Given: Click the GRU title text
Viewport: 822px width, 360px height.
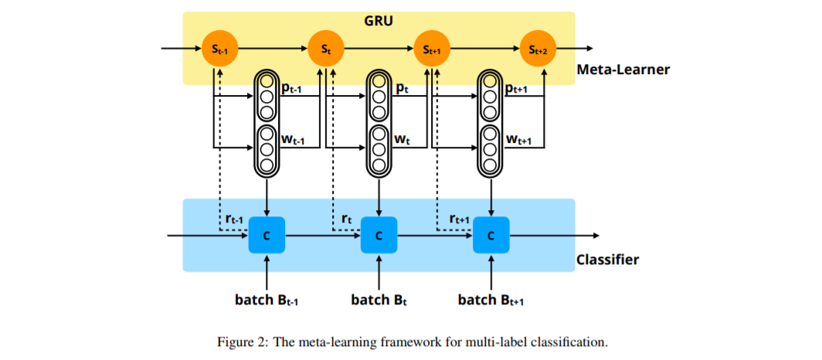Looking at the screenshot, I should tap(379, 21).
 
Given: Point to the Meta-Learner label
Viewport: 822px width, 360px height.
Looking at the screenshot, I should tap(623, 70).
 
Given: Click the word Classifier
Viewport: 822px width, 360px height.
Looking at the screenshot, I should tap(607, 260).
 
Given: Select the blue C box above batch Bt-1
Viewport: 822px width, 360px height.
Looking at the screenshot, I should tap(267, 235).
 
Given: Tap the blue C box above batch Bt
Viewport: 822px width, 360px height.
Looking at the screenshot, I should tap(379, 235).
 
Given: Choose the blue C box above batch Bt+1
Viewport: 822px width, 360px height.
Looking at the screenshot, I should tap(491, 235).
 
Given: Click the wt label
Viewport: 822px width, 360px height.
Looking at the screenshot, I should tap(403, 140).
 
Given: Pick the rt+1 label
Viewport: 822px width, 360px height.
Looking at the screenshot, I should tap(460, 219).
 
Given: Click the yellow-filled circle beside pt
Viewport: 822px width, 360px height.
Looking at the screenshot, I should tap(379, 81).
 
